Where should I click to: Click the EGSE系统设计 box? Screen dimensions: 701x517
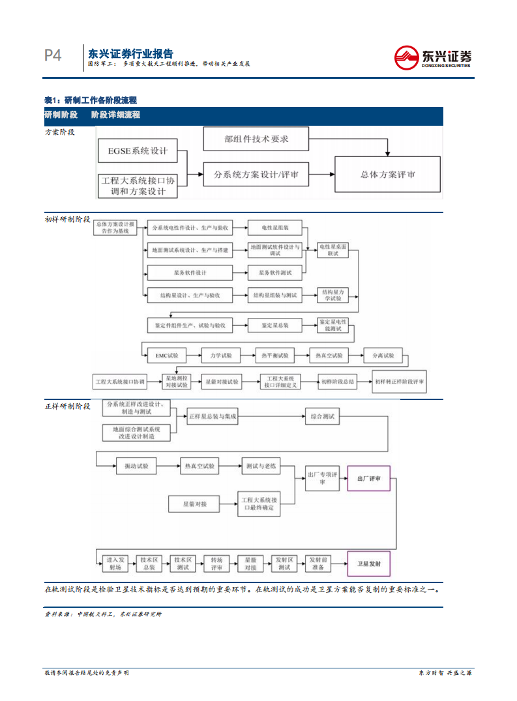point(138,151)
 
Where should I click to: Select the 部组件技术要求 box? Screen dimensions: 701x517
point(256,139)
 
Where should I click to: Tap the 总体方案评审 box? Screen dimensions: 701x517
point(387,175)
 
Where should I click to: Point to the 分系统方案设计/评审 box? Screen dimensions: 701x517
point(256,175)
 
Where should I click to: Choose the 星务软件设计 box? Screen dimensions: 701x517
point(189,272)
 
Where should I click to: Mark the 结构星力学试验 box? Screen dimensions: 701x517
point(332,295)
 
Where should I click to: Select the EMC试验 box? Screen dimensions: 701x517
point(166,356)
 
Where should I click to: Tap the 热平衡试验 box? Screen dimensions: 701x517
point(274,356)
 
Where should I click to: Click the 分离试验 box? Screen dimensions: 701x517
point(383,356)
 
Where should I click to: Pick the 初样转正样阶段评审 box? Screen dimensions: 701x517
point(399,381)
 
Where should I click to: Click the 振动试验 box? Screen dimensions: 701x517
point(136,466)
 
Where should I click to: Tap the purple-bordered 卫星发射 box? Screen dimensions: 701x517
point(368,562)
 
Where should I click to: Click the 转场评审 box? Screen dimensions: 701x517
point(216,563)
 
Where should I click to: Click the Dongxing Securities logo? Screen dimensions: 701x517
point(433,57)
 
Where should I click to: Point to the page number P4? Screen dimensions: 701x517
point(53,56)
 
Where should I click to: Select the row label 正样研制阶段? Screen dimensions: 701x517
point(67,406)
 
